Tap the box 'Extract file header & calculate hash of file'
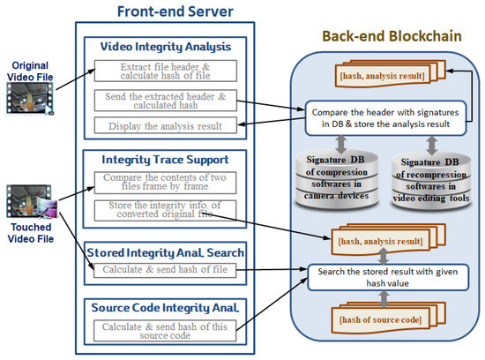point(165,71)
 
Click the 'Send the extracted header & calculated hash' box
point(165,100)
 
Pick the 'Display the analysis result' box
point(165,126)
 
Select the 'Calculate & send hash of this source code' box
point(165,332)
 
